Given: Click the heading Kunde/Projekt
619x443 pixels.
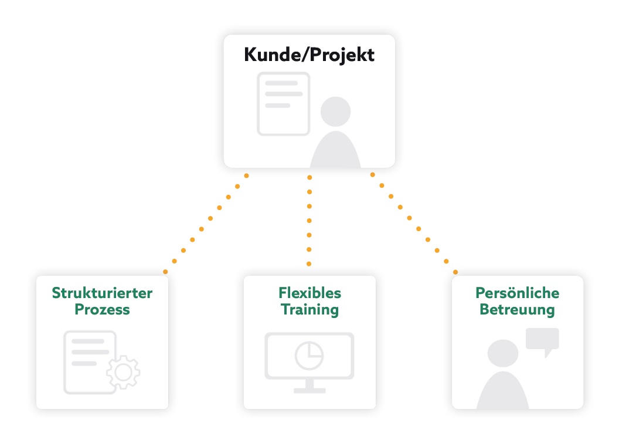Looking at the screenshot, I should click(x=309, y=55).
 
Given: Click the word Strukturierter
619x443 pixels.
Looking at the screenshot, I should click(x=102, y=293).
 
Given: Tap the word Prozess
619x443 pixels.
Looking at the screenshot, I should click(x=102, y=309).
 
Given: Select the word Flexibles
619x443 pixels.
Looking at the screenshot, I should click(x=309, y=293).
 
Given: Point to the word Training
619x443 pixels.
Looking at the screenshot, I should click(x=309, y=309).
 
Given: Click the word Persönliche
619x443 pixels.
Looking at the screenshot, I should click(x=517, y=293).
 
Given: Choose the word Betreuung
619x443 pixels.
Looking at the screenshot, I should click(x=517, y=309).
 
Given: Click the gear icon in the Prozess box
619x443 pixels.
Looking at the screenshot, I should click(x=123, y=371).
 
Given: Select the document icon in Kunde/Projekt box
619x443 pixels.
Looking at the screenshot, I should click(x=283, y=103).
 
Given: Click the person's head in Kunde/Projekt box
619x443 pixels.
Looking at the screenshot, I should click(x=336, y=111).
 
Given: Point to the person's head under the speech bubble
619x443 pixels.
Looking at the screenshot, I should click(x=504, y=354).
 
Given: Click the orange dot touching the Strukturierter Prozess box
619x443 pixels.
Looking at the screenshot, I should click(x=165, y=272).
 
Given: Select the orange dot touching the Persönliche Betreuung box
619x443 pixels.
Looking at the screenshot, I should click(x=455, y=272).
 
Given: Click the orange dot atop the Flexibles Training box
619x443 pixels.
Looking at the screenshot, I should click(x=309, y=264).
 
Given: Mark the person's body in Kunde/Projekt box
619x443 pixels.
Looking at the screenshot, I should click(x=335, y=151).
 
